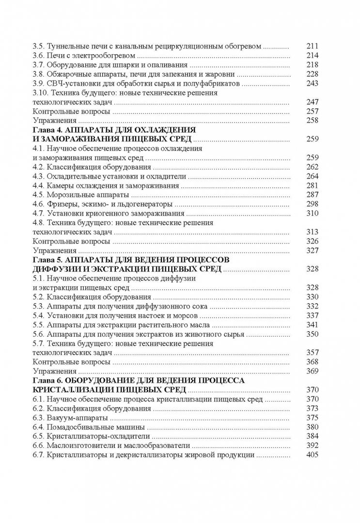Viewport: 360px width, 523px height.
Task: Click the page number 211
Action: click(x=313, y=46)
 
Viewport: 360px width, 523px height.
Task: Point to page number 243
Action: click(x=313, y=84)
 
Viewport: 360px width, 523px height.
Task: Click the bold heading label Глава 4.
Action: click(x=47, y=130)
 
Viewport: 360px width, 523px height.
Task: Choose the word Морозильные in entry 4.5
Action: click(x=70, y=195)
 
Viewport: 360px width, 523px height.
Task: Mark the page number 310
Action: click(x=313, y=213)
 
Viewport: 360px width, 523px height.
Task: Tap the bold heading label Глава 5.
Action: click(x=47, y=260)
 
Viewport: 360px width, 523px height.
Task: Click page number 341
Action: click(x=313, y=324)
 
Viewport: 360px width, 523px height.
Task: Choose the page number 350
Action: click(x=313, y=334)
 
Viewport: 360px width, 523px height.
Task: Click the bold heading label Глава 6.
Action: click(x=47, y=381)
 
